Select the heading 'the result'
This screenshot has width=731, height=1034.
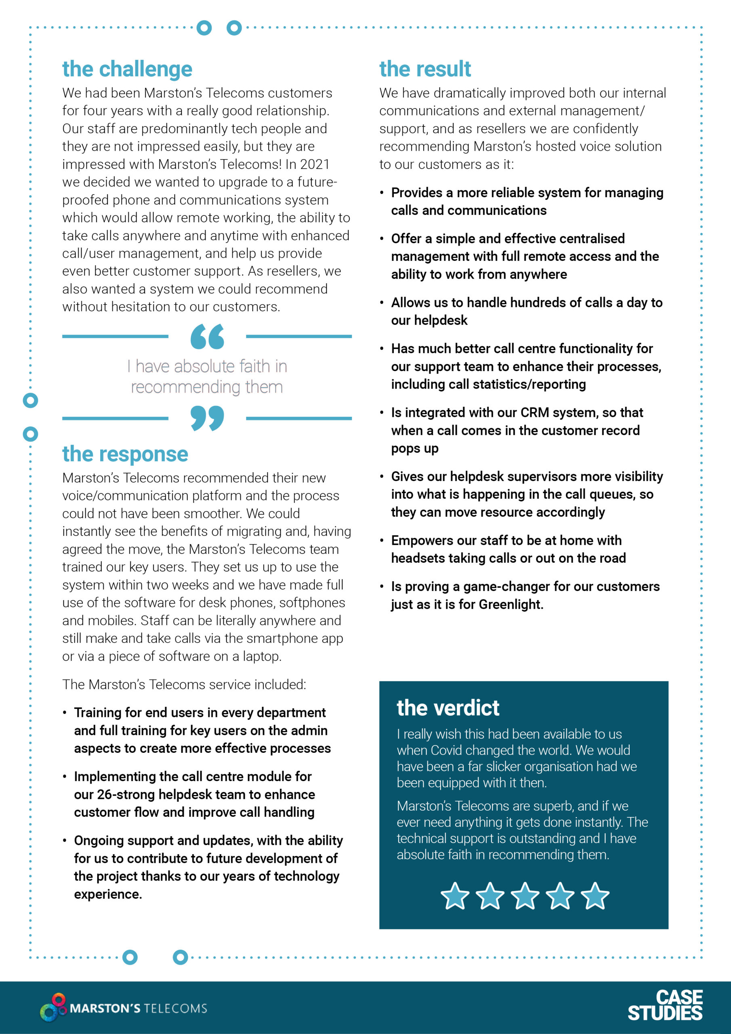tap(425, 69)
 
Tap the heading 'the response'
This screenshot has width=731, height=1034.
tap(125, 454)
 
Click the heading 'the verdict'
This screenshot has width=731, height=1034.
tap(448, 708)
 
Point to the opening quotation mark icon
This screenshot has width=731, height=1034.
tap(207, 336)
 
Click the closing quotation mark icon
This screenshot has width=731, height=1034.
tap(207, 418)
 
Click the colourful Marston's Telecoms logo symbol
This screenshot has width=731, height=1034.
tap(54, 1007)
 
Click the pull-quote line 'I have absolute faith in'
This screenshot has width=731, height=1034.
tap(207, 367)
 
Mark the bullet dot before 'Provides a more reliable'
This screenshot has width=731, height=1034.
tap(382, 193)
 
